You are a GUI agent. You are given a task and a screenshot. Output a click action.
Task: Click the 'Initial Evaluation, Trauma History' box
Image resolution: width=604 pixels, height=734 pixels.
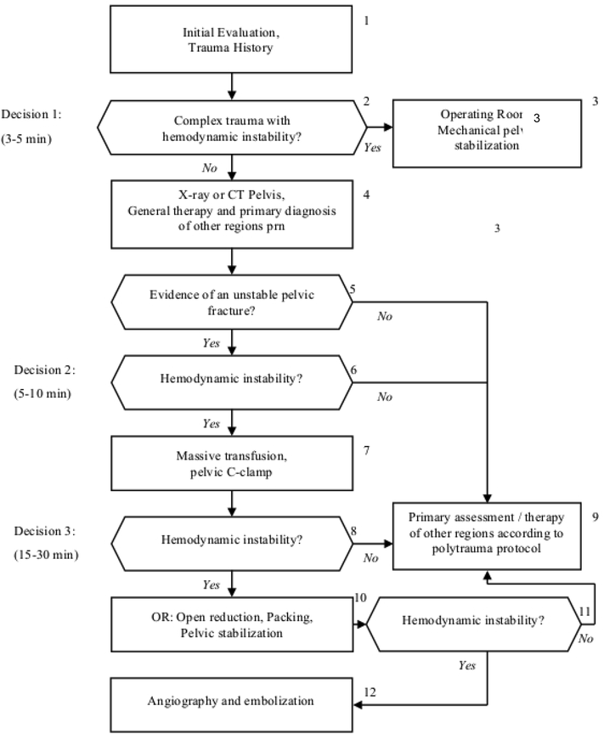point(231,39)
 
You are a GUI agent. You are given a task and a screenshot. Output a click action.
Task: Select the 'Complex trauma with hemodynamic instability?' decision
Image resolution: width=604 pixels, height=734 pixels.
point(231,128)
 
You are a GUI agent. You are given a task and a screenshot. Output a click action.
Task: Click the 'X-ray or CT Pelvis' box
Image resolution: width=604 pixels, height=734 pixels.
point(231,212)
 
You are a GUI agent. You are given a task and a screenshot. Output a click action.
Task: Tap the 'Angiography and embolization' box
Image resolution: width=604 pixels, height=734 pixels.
point(231,702)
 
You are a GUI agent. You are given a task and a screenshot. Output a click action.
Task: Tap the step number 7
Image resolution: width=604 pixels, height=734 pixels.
point(366,449)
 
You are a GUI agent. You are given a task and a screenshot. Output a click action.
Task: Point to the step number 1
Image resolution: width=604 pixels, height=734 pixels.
point(366,20)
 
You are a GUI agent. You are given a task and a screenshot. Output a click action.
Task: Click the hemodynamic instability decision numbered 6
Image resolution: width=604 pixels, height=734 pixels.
point(231,378)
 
